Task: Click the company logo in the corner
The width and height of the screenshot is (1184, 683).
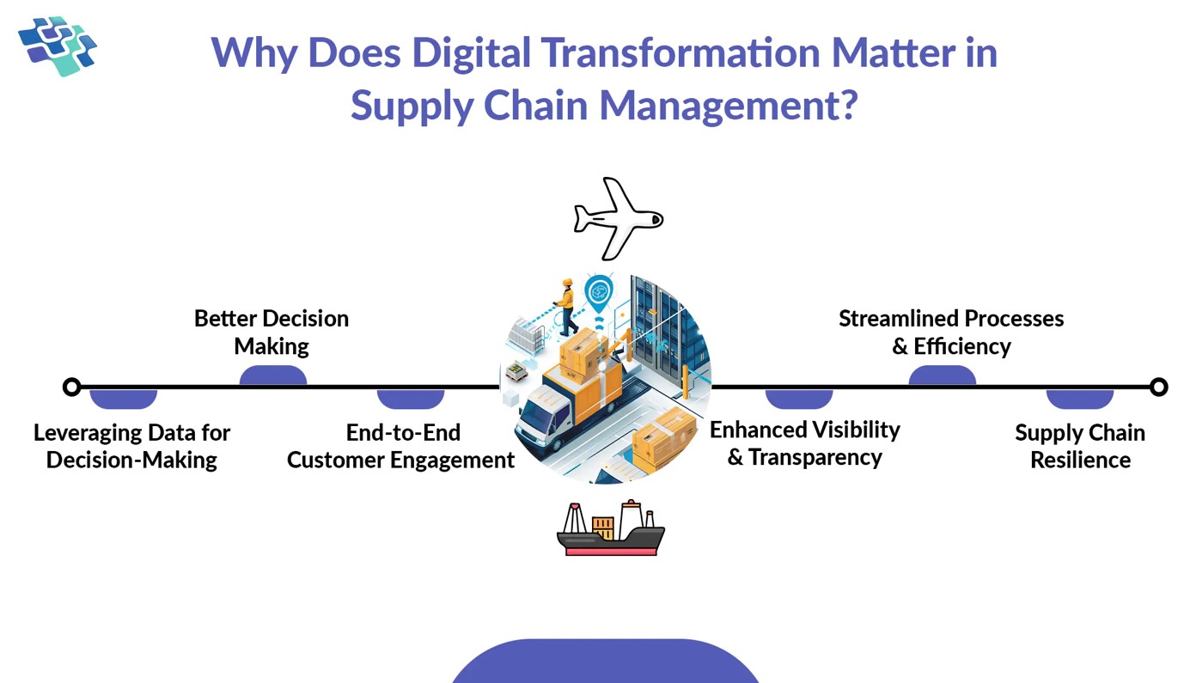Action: coord(58,46)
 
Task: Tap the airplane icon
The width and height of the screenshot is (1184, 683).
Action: coord(618,218)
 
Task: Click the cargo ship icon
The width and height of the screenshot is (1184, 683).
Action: coord(610,528)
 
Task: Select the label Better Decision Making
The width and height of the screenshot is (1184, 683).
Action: coord(272,332)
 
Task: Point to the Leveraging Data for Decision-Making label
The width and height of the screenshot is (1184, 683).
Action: coord(131,446)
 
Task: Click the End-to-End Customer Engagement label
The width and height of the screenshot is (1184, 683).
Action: coord(401,446)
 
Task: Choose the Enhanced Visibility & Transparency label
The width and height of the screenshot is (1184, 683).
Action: coord(805,443)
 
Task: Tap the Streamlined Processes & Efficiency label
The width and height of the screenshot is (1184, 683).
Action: coord(951,332)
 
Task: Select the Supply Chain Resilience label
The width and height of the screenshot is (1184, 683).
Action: coord(1080,446)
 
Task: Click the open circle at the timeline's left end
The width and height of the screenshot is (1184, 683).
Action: coord(72,387)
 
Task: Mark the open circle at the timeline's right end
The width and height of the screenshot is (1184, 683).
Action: coord(1158,387)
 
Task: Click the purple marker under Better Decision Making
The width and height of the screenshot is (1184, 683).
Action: coord(272,375)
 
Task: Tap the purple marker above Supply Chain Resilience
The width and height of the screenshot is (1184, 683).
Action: coord(1079,399)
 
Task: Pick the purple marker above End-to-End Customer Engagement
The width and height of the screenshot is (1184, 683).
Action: coord(410,399)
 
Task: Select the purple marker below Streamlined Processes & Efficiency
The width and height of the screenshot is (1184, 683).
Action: coord(942,375)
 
